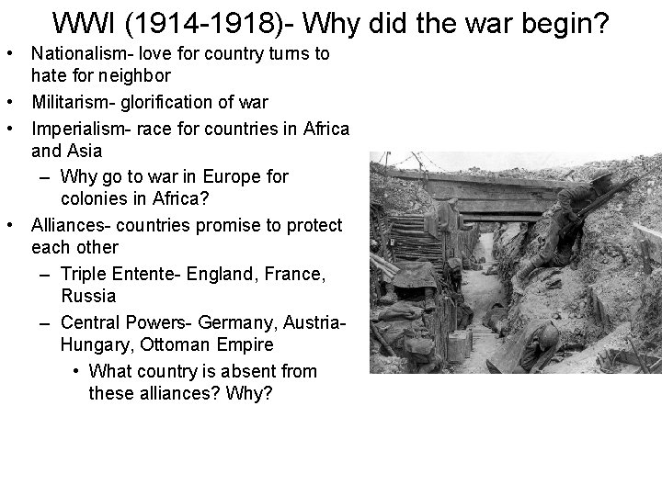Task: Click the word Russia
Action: tap(88, 296)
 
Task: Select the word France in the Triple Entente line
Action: tap(270, 274)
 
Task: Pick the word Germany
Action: tap(229, 322)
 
